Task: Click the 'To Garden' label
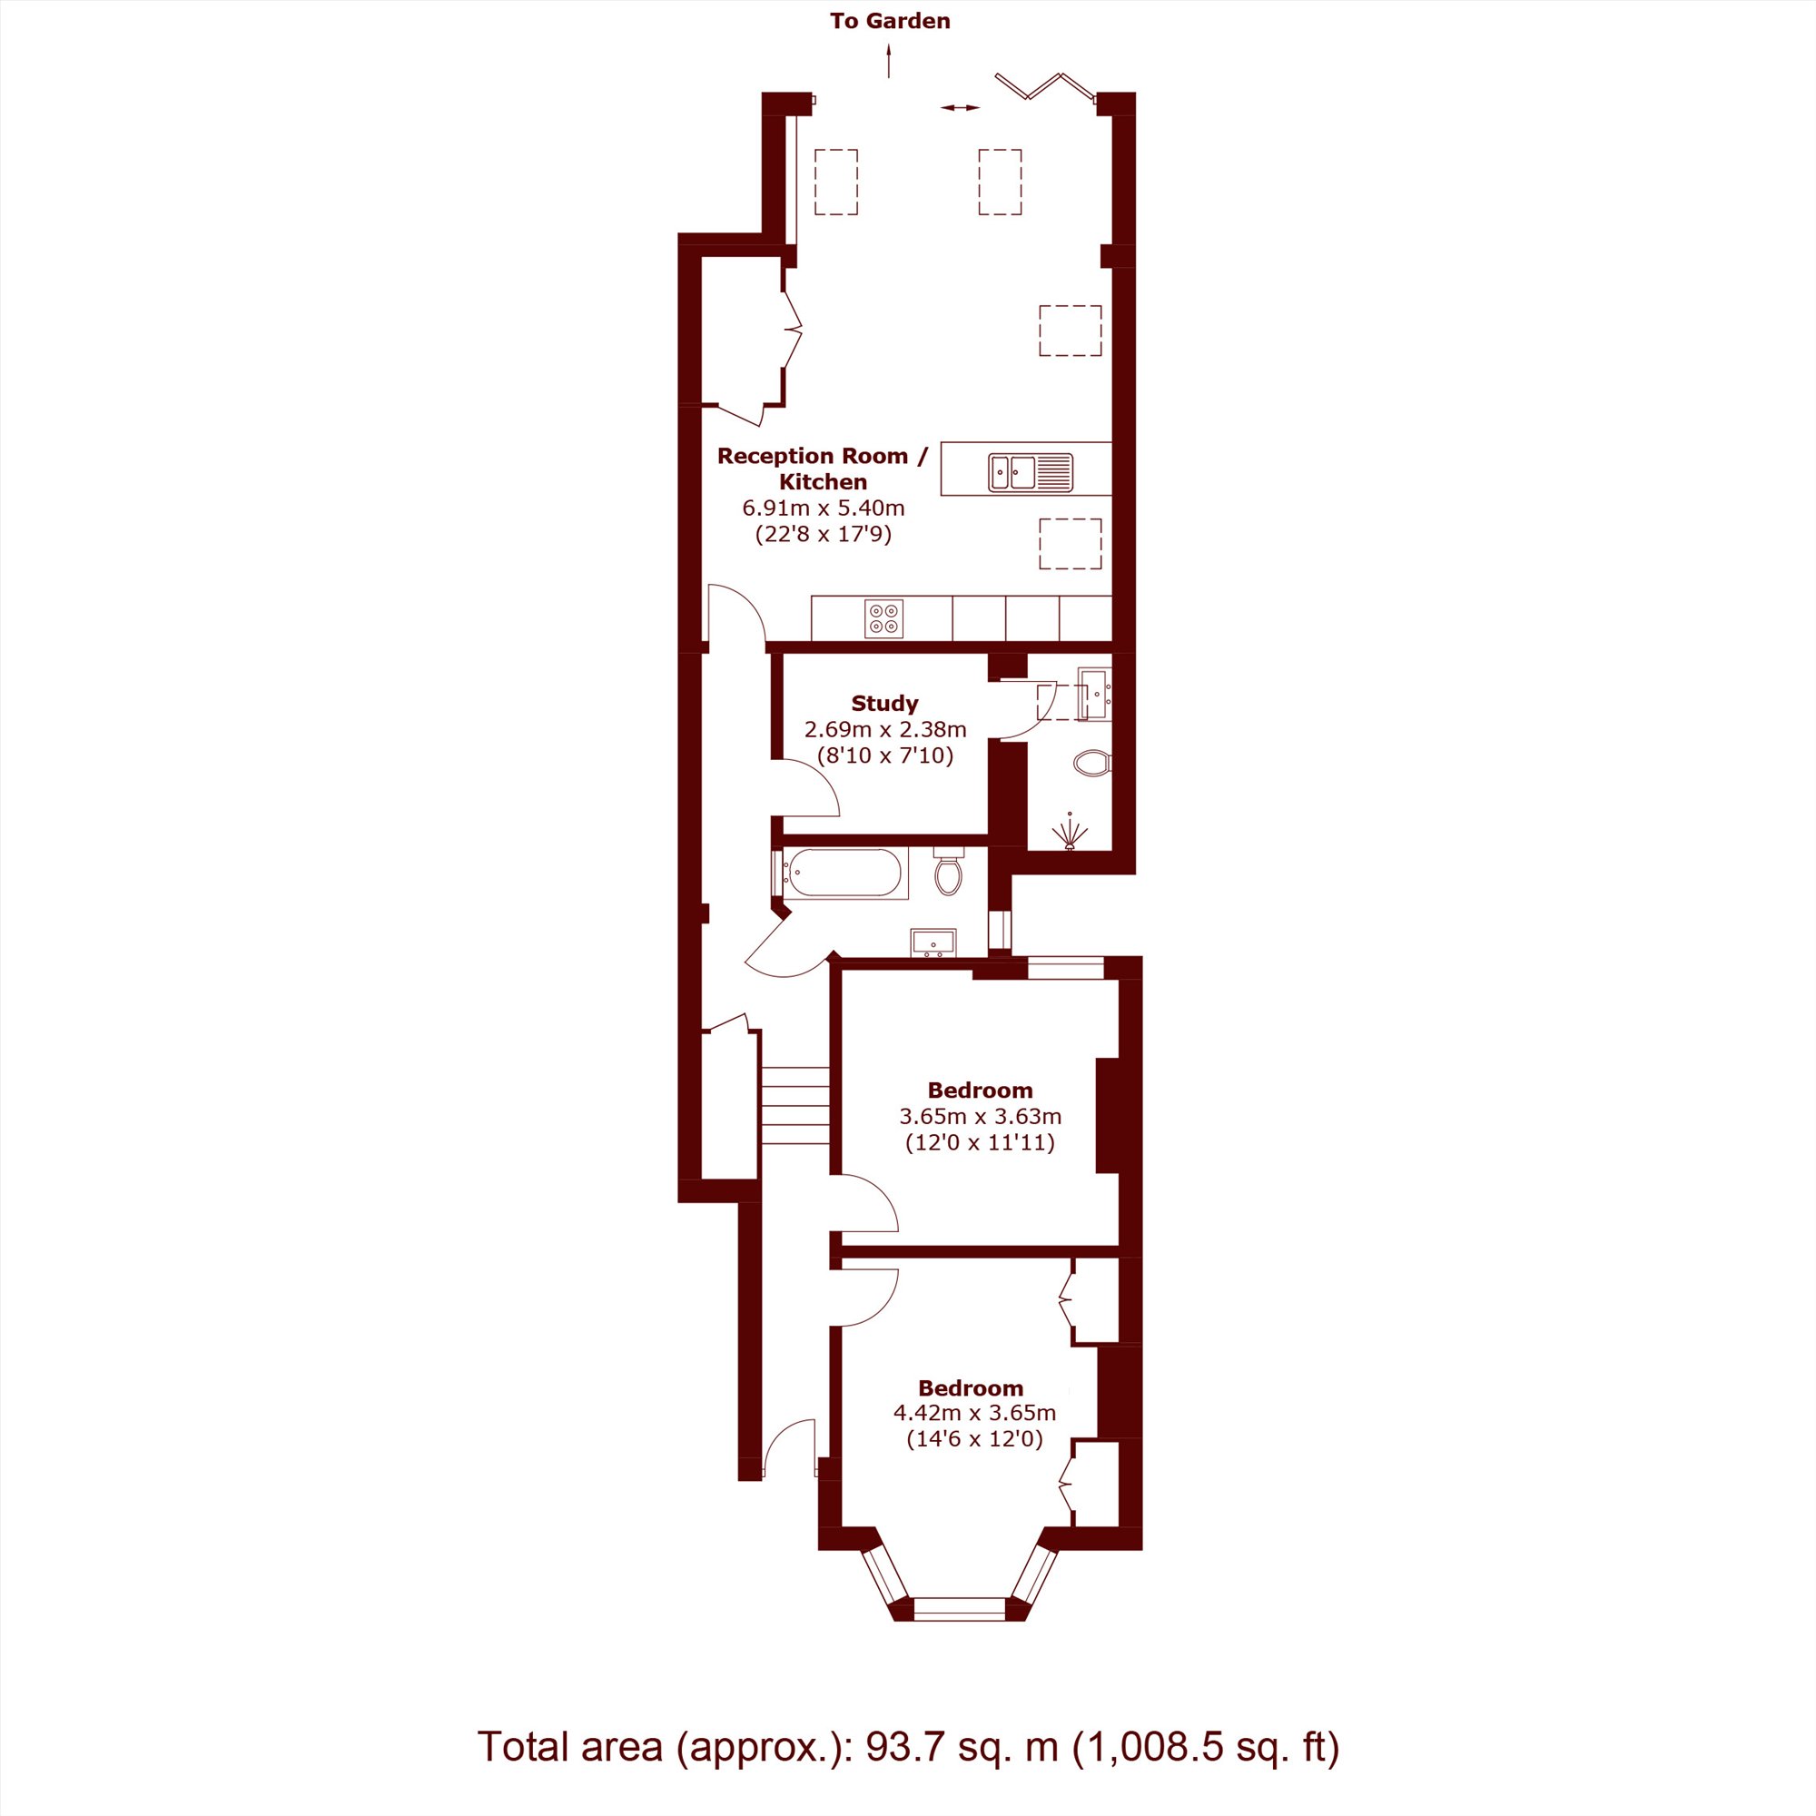click(889, 22)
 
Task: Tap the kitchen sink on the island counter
click(1031, 471)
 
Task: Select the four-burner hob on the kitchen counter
click(883, 618)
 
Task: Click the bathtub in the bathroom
click(844, 873)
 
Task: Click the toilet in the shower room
click(1093, 763)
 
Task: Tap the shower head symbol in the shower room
click(1070, 831)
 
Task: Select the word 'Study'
click(883, 703)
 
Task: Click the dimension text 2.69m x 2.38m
click(884, 728)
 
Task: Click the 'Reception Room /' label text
click(823, 456)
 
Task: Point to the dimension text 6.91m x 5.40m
click(824, 508)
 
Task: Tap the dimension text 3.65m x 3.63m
click(981, 1117)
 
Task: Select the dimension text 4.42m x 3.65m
click(974, 1413)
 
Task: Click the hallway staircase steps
click(795, 1105)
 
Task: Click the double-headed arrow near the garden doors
click(960, 108)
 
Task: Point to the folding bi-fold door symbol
click(1045, 85)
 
